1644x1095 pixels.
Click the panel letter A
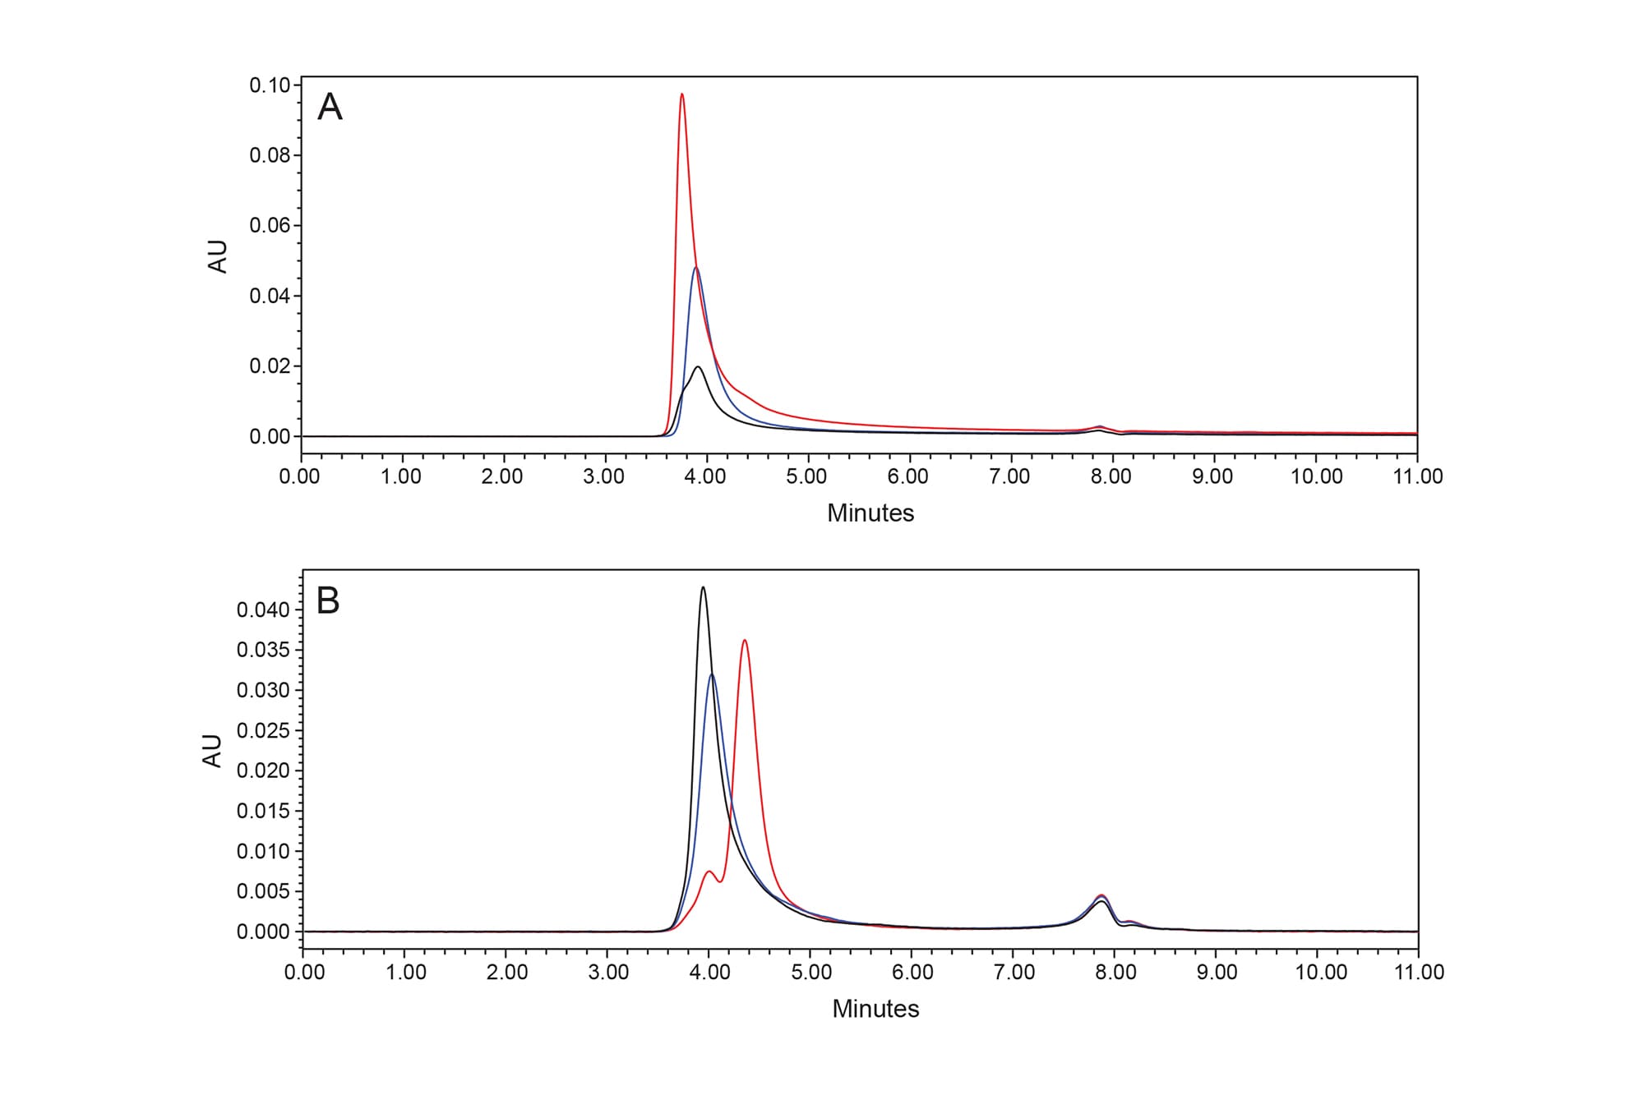tap(330, 108)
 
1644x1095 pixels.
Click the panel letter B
tap(328, 601)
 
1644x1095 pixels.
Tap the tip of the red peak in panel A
tap(681, 94)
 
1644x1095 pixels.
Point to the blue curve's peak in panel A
tap(696, 268)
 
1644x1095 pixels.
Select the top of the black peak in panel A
tap(698, 367)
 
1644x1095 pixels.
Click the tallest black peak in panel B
tap(703, 587)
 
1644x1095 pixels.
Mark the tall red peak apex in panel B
tap(744, 640)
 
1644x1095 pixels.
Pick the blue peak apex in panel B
tap(711, 674)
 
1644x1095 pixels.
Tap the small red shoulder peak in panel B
tap(709, 872)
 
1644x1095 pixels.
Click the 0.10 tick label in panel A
tap(270, 85)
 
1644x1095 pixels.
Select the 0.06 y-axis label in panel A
tap(270, 226)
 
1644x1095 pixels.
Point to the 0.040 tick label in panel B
tap(263, 610)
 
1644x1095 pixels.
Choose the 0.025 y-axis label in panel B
tap(263, 731)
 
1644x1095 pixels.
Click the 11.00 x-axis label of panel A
tap(1417, 477)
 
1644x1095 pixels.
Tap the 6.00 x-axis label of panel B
tap(912, 973)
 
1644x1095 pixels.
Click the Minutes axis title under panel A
tap(870, 513)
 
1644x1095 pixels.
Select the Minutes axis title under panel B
tap(875, 1009)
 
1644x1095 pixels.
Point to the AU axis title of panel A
tap(218, 256)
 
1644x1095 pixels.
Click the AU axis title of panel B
tap(212, 751)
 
